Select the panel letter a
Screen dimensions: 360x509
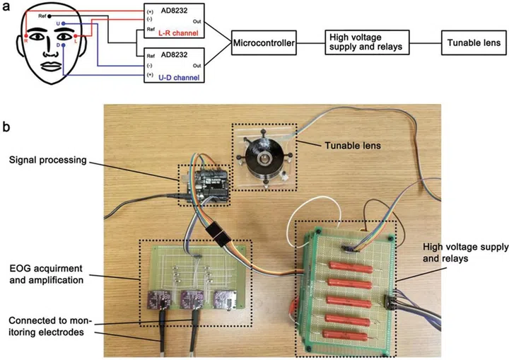[7, 8]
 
